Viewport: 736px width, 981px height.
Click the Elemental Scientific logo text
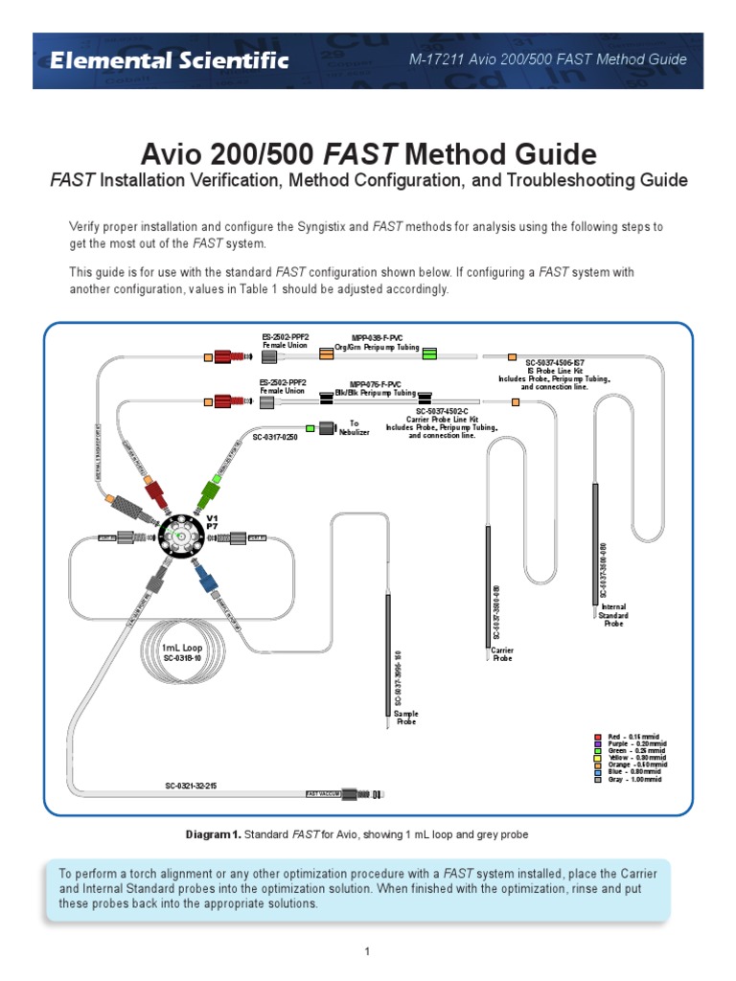point(169,60)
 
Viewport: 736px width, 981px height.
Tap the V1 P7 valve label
point(213,522)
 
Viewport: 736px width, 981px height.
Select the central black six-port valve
point(181,538)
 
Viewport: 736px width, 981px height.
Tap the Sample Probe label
point(406,718)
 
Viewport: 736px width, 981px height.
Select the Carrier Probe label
point(502,654)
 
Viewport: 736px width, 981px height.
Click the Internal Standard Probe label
point(613,615)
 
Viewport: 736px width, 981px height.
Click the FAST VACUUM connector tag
point(324,794)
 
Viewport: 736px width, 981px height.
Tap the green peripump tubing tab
point(428,355)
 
